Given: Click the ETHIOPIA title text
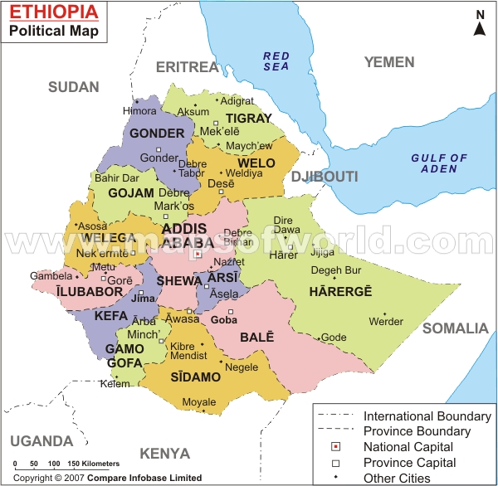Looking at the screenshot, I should [x=53, y=13].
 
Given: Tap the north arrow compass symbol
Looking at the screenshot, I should [x=480, y=24].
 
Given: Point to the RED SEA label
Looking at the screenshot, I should [x=276, y=61].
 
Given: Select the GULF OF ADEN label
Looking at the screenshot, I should [x=440, y=163].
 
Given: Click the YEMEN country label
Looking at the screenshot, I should [x=388, y=62].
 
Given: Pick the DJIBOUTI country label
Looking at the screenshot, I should [x=325, y=177].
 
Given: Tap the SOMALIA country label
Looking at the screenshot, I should [x=456, y=328].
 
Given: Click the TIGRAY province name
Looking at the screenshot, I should [x=248, y=118].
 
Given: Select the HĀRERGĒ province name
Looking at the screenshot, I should [x=340, y=291].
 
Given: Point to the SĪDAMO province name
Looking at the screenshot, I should [x=197, y=377].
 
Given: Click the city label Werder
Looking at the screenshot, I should [x=386, y=322].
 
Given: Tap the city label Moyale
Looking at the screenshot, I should [x=199, y=402].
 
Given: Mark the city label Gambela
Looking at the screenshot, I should [x=46, y=276].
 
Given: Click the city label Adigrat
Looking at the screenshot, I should [x=237, y=101].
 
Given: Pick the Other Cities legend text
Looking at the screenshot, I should [x=397, y=478].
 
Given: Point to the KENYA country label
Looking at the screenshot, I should [x=164, y=454].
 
